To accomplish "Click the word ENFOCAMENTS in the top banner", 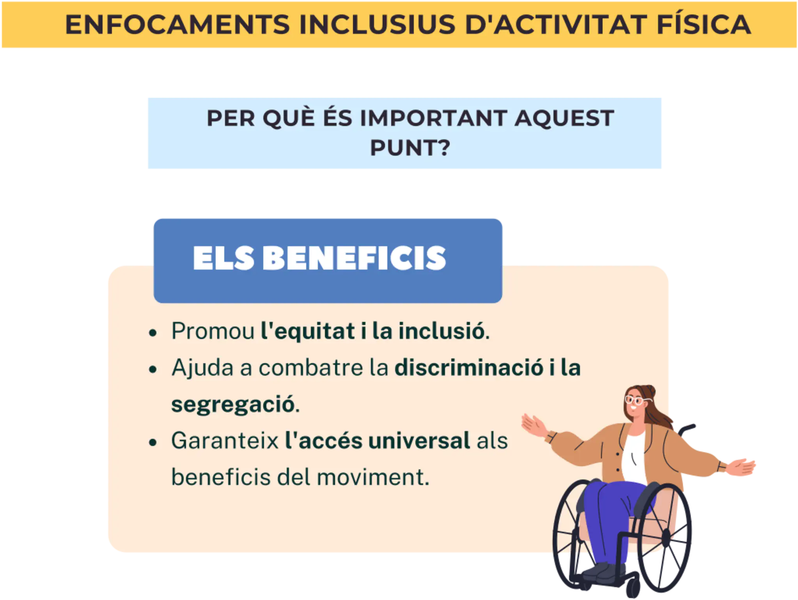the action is coord(177,25).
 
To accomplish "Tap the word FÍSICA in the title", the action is coord(704,25).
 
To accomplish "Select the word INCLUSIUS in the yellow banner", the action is coord(377,25).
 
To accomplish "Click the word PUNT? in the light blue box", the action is coord(410,148).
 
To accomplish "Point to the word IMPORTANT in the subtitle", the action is coord(433,118).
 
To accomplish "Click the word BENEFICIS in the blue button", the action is coord(354,258).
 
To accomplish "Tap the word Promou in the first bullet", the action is coord(213,331).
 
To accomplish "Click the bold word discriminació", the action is coord(468,367).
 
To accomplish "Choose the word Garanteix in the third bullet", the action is coord(225,441).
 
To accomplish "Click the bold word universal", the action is coord(419,441).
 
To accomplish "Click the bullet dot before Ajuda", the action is coord(153,369).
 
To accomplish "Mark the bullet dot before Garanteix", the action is coord(153,442).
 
